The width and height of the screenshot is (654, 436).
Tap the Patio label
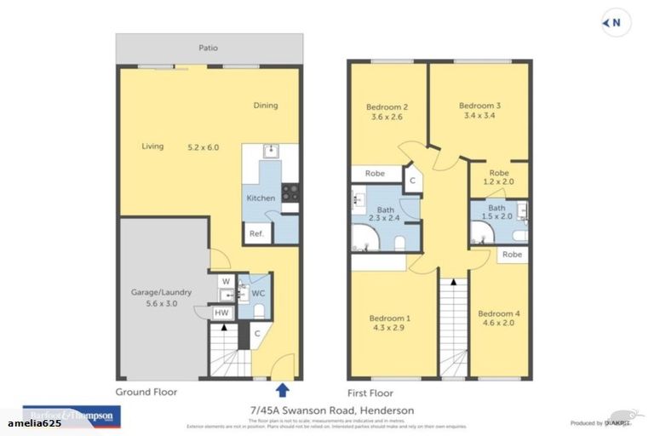tap(209, 49)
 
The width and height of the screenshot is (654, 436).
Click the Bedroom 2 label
tap(387, 106)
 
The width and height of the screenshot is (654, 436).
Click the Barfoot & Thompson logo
tap(72, 416)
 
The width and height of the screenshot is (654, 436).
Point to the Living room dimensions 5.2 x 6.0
tap(204, 147)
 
